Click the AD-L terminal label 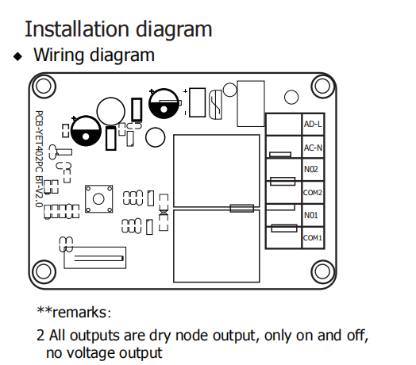pyautogui.click(x=313, y=124)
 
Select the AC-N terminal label pyautogui.click(x=313, y=148)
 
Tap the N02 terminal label pyautogui.click(x=310, y=169)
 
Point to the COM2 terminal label pyautogui.click(x=313, y=193)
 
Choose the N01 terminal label pyautogui.click(x=310, y=215)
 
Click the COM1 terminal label pyautogui.click(x=313, y=238)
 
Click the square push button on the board pyautogui.click(x=98, y=199)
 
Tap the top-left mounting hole pyautogui.click(x=44, y=86)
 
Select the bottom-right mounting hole pyautogui.click(x=322, y=271)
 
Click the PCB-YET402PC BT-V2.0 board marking pyautogui.click(x=39, y=159)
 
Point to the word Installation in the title pyautogui.click(x=77, y=29)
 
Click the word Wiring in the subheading pyautogui.click(x=60, y=55)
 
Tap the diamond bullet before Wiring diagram pyautogui.click(x=17, y=56)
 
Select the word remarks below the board pyautogui.click(x=79, y=313)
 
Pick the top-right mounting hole pyautogui.click(x=322, y=86)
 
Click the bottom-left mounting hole pyautogui.click(x=44, y=271)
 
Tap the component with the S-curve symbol pyautogui.click(x=215, y=105)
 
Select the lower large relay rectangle pyautogui.click(x=217, y=246)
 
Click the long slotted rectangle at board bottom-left pyautogui.click(x=95, y=258)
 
